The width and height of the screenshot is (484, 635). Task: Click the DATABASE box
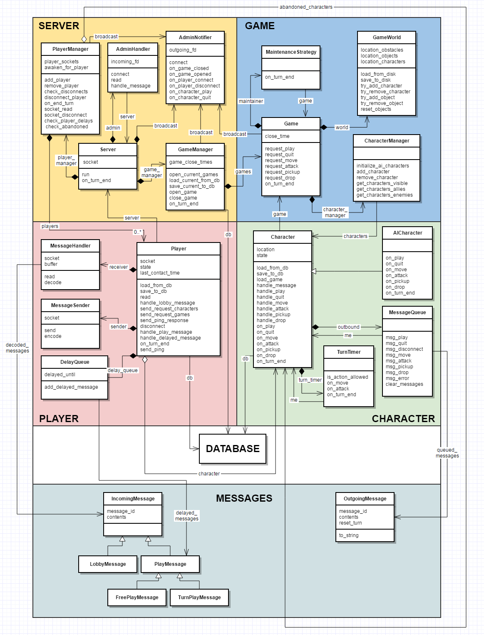click(x=233, y=449)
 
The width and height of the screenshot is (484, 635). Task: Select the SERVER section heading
click(x=59, y=26)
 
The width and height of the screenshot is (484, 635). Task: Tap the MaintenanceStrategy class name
click(x=291, y=52)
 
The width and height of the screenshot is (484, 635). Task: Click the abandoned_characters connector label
click(x=306, y=7)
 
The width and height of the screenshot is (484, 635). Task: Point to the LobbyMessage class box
click(x=108, y=564)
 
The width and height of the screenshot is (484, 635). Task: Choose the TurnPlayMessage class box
click(x=199, y=597)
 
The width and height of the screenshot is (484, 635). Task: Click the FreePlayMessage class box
click(x=137, y=597)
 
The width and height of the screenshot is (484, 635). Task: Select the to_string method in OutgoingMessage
click(x=349, y=535)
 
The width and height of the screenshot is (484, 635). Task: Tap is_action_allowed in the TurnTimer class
click(x=347, y=377)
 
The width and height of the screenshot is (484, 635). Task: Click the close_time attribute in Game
click(x=277, y=136)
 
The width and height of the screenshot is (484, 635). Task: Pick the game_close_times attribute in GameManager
click(x=191, y=162)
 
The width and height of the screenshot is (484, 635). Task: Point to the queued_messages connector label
click(x=447, y=453)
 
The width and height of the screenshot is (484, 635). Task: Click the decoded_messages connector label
click(x=17, y=348)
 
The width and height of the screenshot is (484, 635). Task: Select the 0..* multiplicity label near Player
click(x=138, y=232)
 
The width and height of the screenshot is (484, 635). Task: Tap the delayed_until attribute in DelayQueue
click(x=60, y=375)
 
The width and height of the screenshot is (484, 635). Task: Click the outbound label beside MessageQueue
click(x=348, y=327)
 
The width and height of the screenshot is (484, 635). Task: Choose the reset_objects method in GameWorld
click(x=376, y=109)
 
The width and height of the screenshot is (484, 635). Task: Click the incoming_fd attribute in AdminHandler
click(x=125, y=62)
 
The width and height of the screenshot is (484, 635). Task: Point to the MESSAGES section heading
click(x=244, y=498)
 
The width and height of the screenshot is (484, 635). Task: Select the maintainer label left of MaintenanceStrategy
click(x=251, y=101)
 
